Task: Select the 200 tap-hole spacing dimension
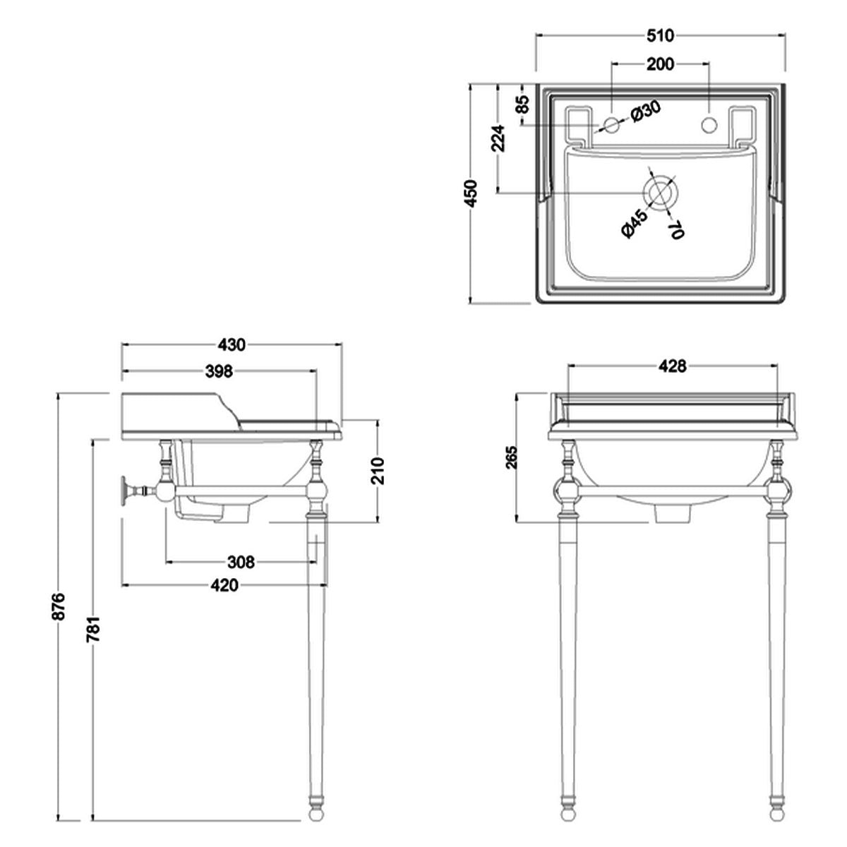(660, 64)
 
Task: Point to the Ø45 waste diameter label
(630, 224)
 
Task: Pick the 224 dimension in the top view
(498, 138)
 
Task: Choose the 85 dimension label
(522, 104)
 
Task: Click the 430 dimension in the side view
(232, 345)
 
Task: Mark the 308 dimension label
(241, 562)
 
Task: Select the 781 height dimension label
(94, 628)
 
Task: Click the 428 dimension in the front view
(673, 366)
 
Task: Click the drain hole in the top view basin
(659, 191)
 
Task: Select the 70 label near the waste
(675, 229)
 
